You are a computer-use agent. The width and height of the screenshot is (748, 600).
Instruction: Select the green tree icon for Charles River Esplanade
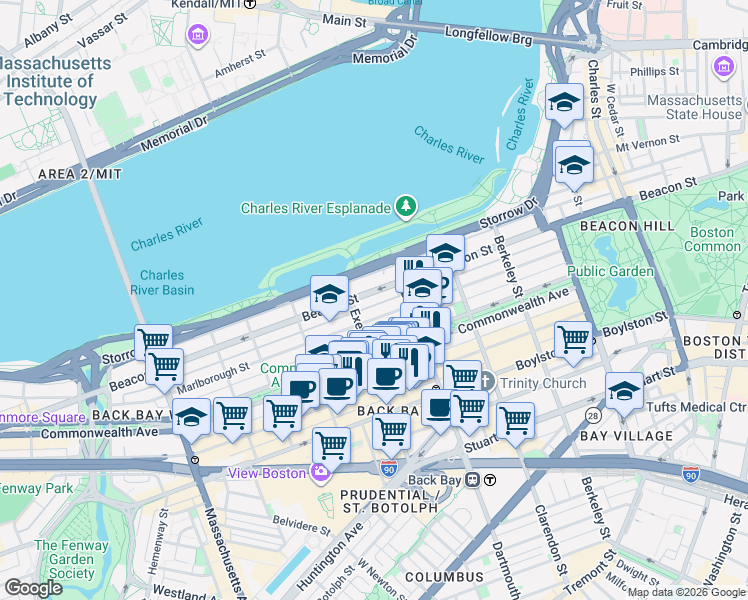pos(406,207)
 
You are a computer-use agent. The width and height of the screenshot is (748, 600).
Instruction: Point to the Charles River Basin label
pos(162,283)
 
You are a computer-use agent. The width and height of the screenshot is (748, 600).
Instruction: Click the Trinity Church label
pos(533,382)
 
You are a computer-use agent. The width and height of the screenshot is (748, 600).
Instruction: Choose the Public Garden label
pos(610,271)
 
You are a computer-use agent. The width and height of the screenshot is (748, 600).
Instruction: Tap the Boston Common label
pos(714,239)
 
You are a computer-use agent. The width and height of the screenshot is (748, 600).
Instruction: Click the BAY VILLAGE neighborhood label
pos(628,436)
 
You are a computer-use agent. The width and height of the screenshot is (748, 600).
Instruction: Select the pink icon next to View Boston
pos(321,473)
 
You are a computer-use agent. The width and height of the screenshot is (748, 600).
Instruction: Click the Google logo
pos(33,588)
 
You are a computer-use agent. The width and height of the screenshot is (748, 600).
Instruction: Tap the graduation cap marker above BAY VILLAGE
pos(625,390)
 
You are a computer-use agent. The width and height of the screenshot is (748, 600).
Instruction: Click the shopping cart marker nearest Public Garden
pos(574,339)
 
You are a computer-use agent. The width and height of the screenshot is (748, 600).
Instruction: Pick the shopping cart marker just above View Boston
pos(331,445)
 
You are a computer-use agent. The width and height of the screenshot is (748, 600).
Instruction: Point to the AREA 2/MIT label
pos(79,174)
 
